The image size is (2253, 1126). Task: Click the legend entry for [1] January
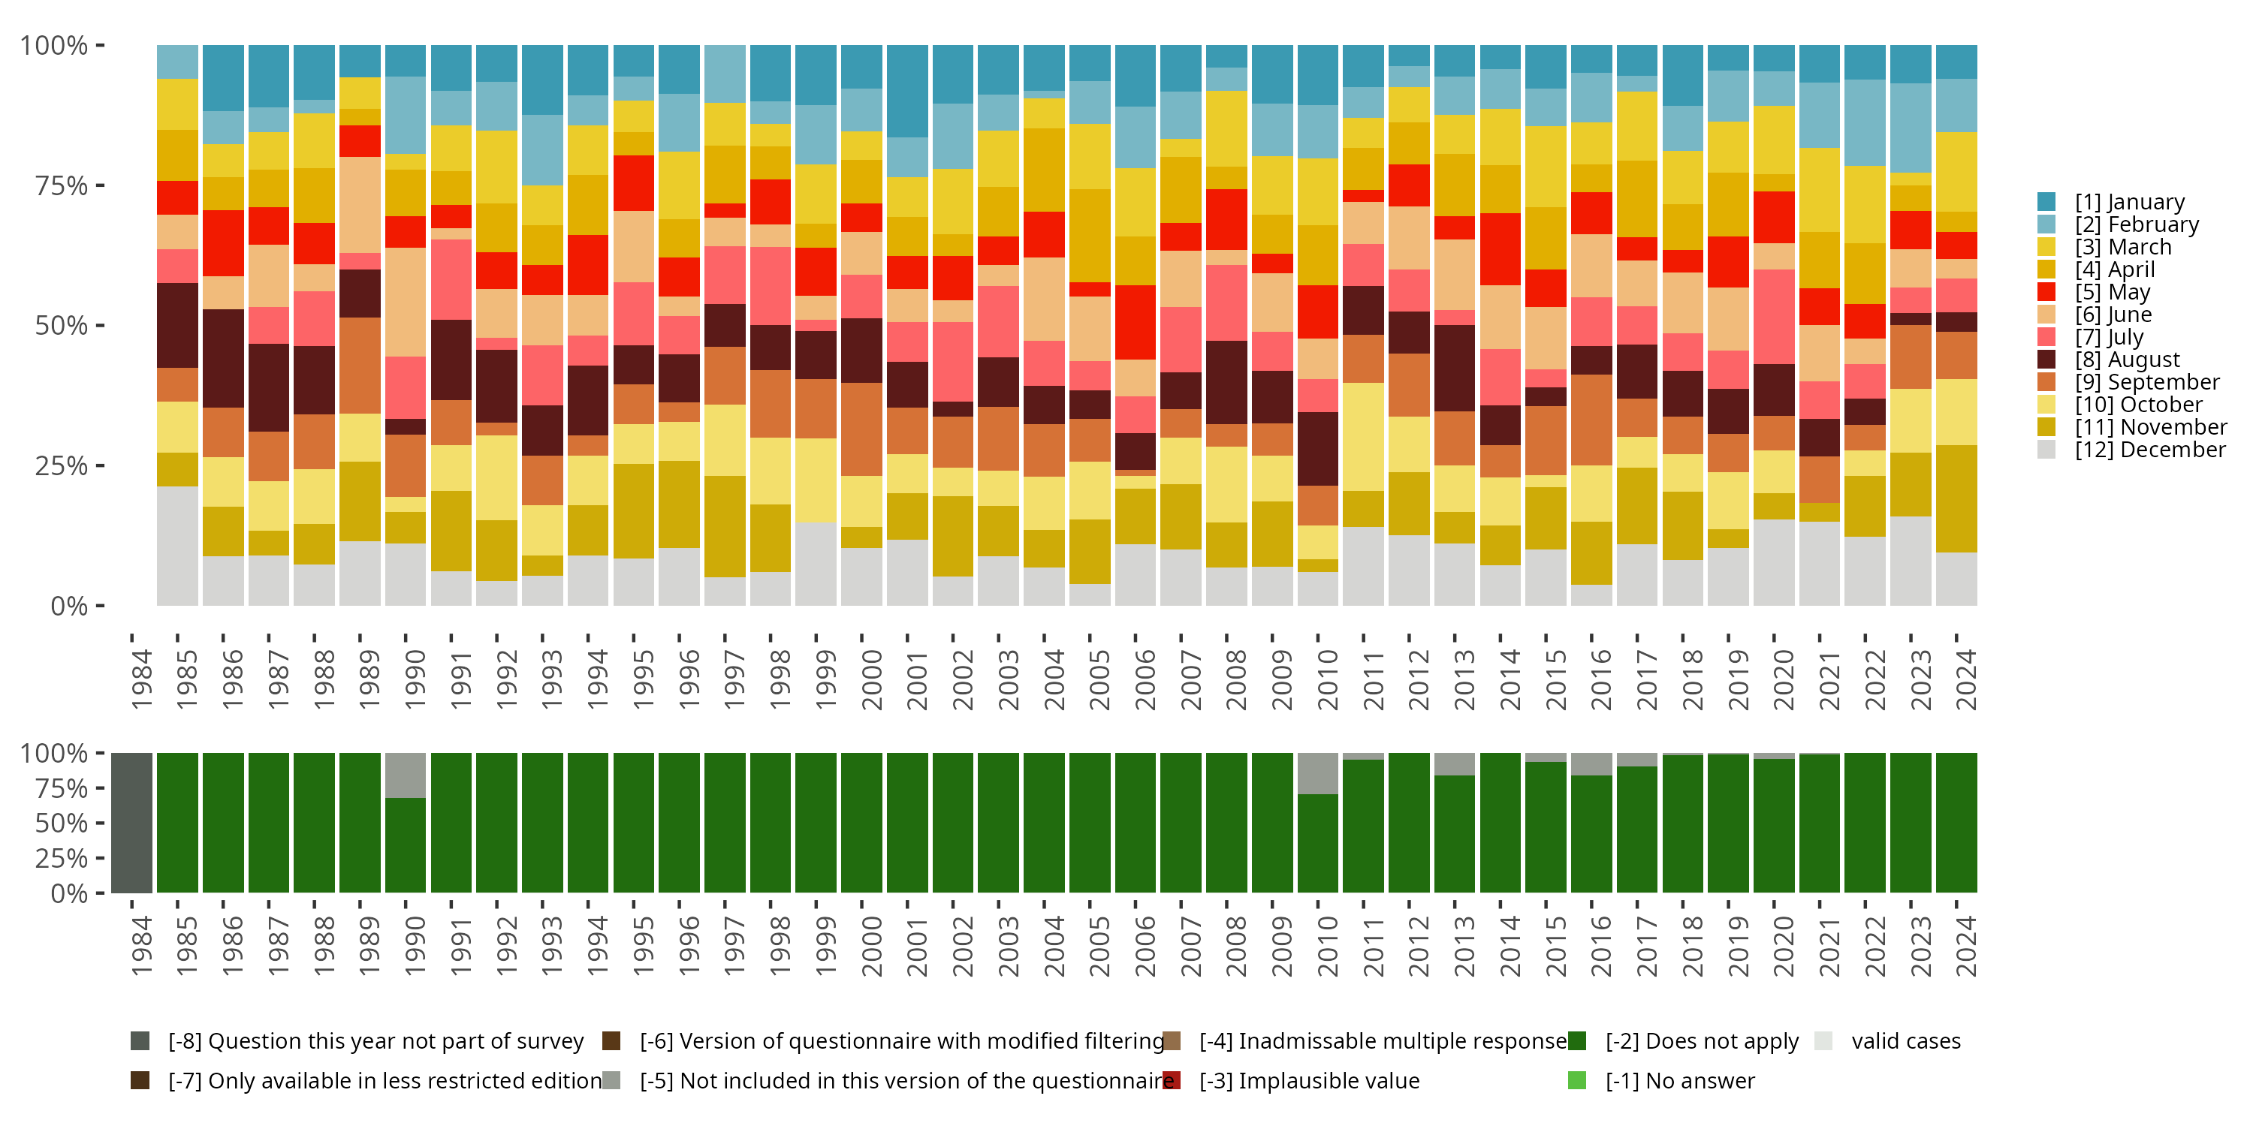click(2129, 202)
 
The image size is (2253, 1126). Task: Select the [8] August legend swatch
click(2046, 360)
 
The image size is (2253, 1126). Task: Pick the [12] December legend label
click(2150, 450)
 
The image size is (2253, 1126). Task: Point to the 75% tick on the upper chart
click(62, 185)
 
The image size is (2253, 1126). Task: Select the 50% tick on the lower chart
click(62, 823)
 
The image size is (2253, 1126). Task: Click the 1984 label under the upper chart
click(141, 679)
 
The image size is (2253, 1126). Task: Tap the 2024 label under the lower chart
click(1965, 947)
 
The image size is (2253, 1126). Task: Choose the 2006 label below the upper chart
click(1144, 679)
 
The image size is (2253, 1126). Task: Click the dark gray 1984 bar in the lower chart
click(132, 823)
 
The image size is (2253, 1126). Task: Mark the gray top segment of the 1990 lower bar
click(406, 775)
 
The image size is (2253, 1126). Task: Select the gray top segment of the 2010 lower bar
click(1318, 774)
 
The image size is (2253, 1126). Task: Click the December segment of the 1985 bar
click(177, 546)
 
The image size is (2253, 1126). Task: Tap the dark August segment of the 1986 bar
click(223, 358)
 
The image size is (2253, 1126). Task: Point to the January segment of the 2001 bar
click(907, 91)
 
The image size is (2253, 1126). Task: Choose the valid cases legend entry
click(1905, 1041)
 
